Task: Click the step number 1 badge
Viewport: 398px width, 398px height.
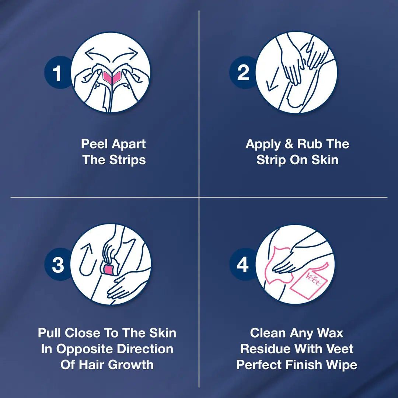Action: (57, 73)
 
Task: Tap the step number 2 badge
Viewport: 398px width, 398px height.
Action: (243, 73)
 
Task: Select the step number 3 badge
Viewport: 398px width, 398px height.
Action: (58, 265)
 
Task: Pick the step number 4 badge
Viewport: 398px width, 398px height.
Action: (242, 265)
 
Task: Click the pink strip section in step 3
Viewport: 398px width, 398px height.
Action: (109, 270)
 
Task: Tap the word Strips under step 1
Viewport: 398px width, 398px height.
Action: (128, 160)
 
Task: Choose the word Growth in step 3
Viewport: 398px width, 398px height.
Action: (130, 365)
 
